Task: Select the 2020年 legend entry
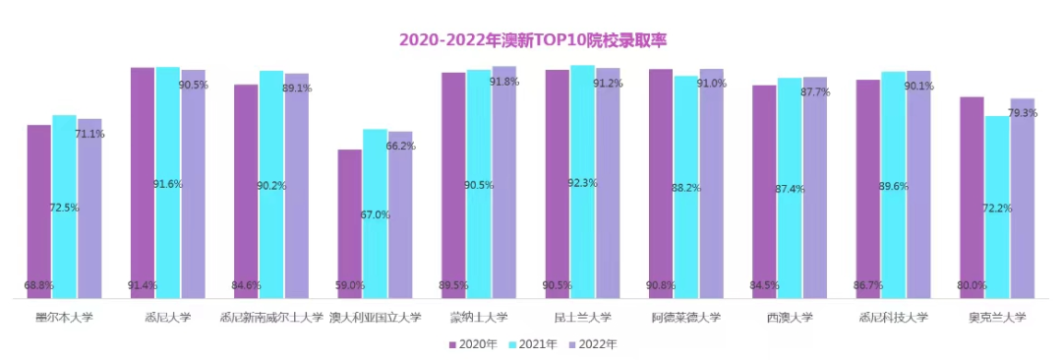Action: click(477, 345)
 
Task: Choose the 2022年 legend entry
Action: click(594, 345)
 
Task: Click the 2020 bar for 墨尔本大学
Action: click(39, 210)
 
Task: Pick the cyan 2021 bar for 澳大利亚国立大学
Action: click(375, 212)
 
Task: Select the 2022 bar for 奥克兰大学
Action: click(1023, 197)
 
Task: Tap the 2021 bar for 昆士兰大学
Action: click(582, 181)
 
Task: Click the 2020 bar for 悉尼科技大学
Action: click(867, 188)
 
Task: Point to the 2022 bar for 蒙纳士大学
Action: click(504, 181)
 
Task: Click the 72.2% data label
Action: click(996, 209)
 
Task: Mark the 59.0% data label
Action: click(349, 286)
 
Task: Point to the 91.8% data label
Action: click(503, 82)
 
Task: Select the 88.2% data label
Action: click(685, 188)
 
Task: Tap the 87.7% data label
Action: click(814, 91)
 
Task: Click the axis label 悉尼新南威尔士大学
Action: click(270, 318)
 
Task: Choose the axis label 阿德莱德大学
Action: click(685, 318)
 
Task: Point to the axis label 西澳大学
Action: click(789, 318)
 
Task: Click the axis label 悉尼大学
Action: click(167, 318)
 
